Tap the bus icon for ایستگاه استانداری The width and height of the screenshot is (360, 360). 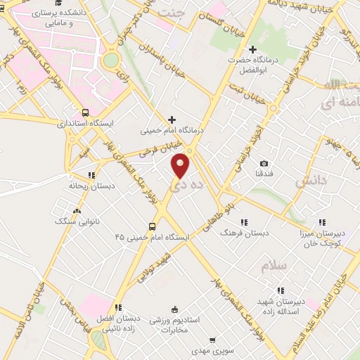pyautogui.click(x=86, y=112)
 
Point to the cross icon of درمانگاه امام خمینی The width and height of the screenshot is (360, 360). pyautogui.click(x=172, y=120)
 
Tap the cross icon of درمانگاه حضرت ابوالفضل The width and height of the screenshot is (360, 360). pyautogui.click(x=252, y=49)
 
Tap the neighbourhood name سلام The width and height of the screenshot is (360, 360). pyautogui.click(x=274, y=268)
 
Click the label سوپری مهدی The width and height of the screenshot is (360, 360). pyautogui.click(x=211, y=349)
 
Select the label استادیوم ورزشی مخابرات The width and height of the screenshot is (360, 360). pyautogui.click(x=175, y=324)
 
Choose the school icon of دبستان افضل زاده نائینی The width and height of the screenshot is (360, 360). pyautogui.click(x=118, y=307)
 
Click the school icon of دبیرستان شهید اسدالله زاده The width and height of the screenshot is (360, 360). pyautogui.click(x=281, y=290)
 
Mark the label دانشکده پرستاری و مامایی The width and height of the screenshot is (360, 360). pyautogui.click(x=67, y=18)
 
